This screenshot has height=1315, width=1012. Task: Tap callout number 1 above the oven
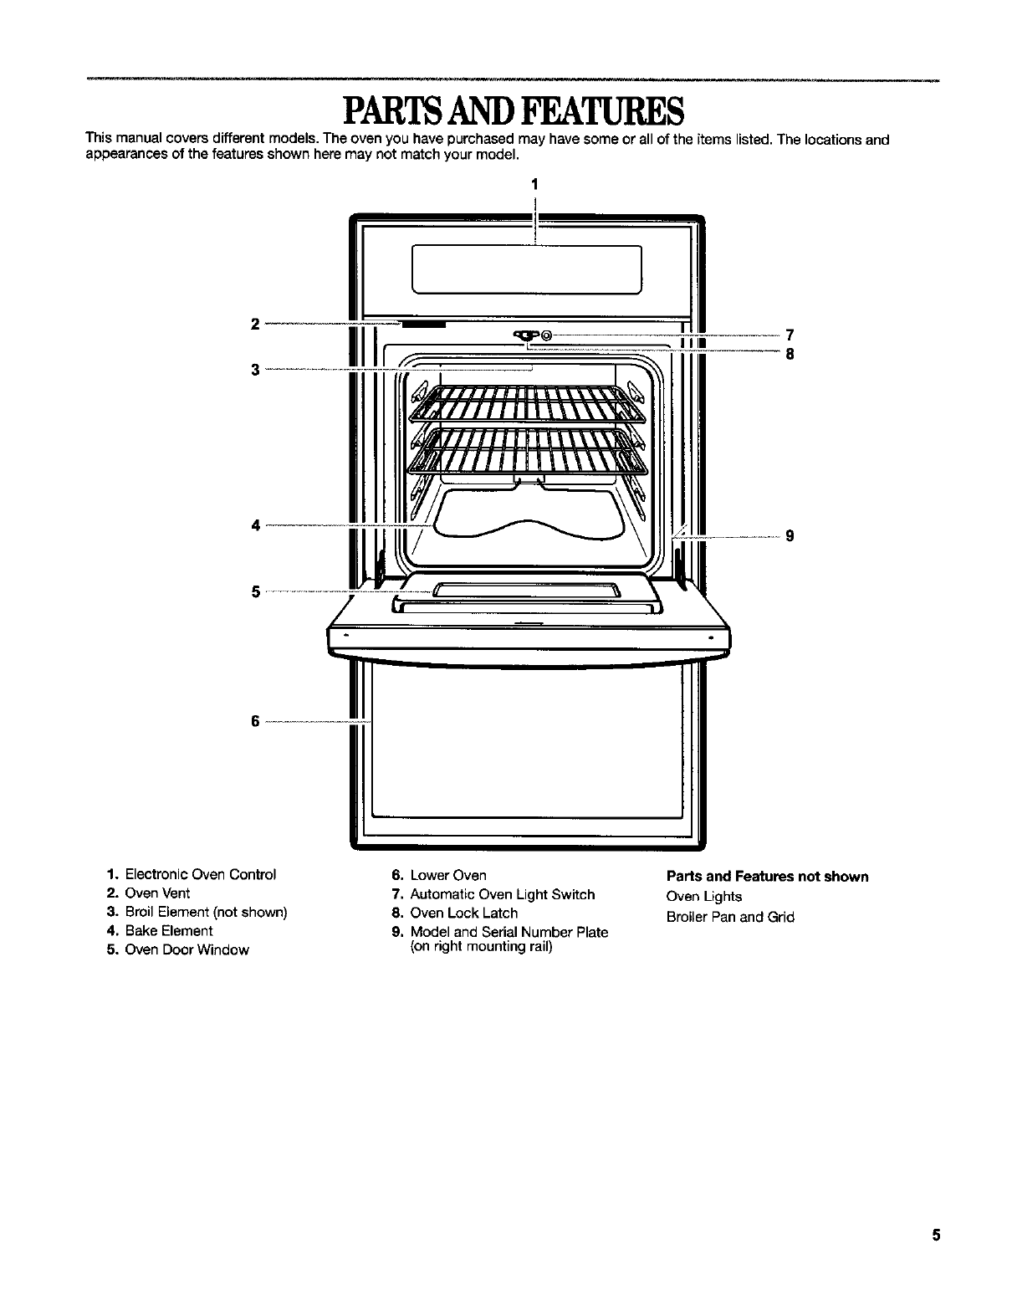click(x=534, y=183)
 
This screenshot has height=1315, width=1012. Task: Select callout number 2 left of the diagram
click(x=255, y=324)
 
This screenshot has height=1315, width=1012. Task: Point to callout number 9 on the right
click(x=789, y=536)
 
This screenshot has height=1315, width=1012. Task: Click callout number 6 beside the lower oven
click(x=255, y=721)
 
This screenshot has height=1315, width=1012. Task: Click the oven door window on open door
click(x=526, y=590)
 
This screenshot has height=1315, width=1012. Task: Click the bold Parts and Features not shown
click(x=767, y=877)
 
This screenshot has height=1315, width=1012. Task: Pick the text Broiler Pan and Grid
click(x=730, y=917)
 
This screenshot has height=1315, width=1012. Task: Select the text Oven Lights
click(x=703, y=897)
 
